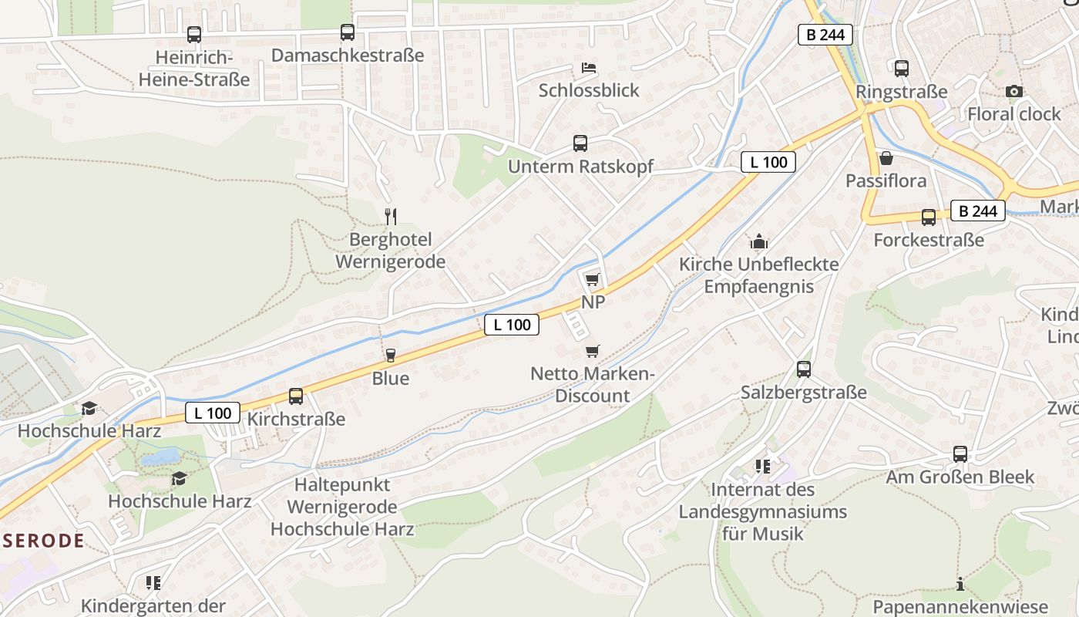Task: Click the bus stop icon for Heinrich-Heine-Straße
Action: click(x=193, y=35)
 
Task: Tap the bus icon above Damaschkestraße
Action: click(x=348, y=32)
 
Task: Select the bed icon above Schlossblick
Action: click(x=589, y=68)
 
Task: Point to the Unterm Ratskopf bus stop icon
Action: click(x=580, y=143)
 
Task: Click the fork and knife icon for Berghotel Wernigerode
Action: click(x=391, y=217)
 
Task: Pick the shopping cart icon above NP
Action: click(x=592, y=279)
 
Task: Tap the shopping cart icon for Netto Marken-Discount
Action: click(x=592, y=352)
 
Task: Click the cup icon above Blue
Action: click(x=390, y=356)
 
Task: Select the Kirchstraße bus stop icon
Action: click(x=296, y=396)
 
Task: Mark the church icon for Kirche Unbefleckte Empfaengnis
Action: click(x=759, y=242)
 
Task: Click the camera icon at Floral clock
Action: click(x=1014, y=91)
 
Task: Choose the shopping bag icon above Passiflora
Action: click(x=886, y=158)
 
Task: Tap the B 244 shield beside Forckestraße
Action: click(x=978, y=211)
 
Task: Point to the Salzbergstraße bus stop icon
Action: click(x=804, y=369)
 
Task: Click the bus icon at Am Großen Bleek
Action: click(x=960, y=454)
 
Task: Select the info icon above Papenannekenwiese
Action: click(x=960, y=584)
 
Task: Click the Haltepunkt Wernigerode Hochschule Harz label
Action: click(x=342, y=507)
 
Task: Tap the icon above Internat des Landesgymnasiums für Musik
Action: click(x=763, y=467)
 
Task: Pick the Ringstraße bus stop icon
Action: click(x=902, y=69)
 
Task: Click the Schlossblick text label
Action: click(x=589, y=90)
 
